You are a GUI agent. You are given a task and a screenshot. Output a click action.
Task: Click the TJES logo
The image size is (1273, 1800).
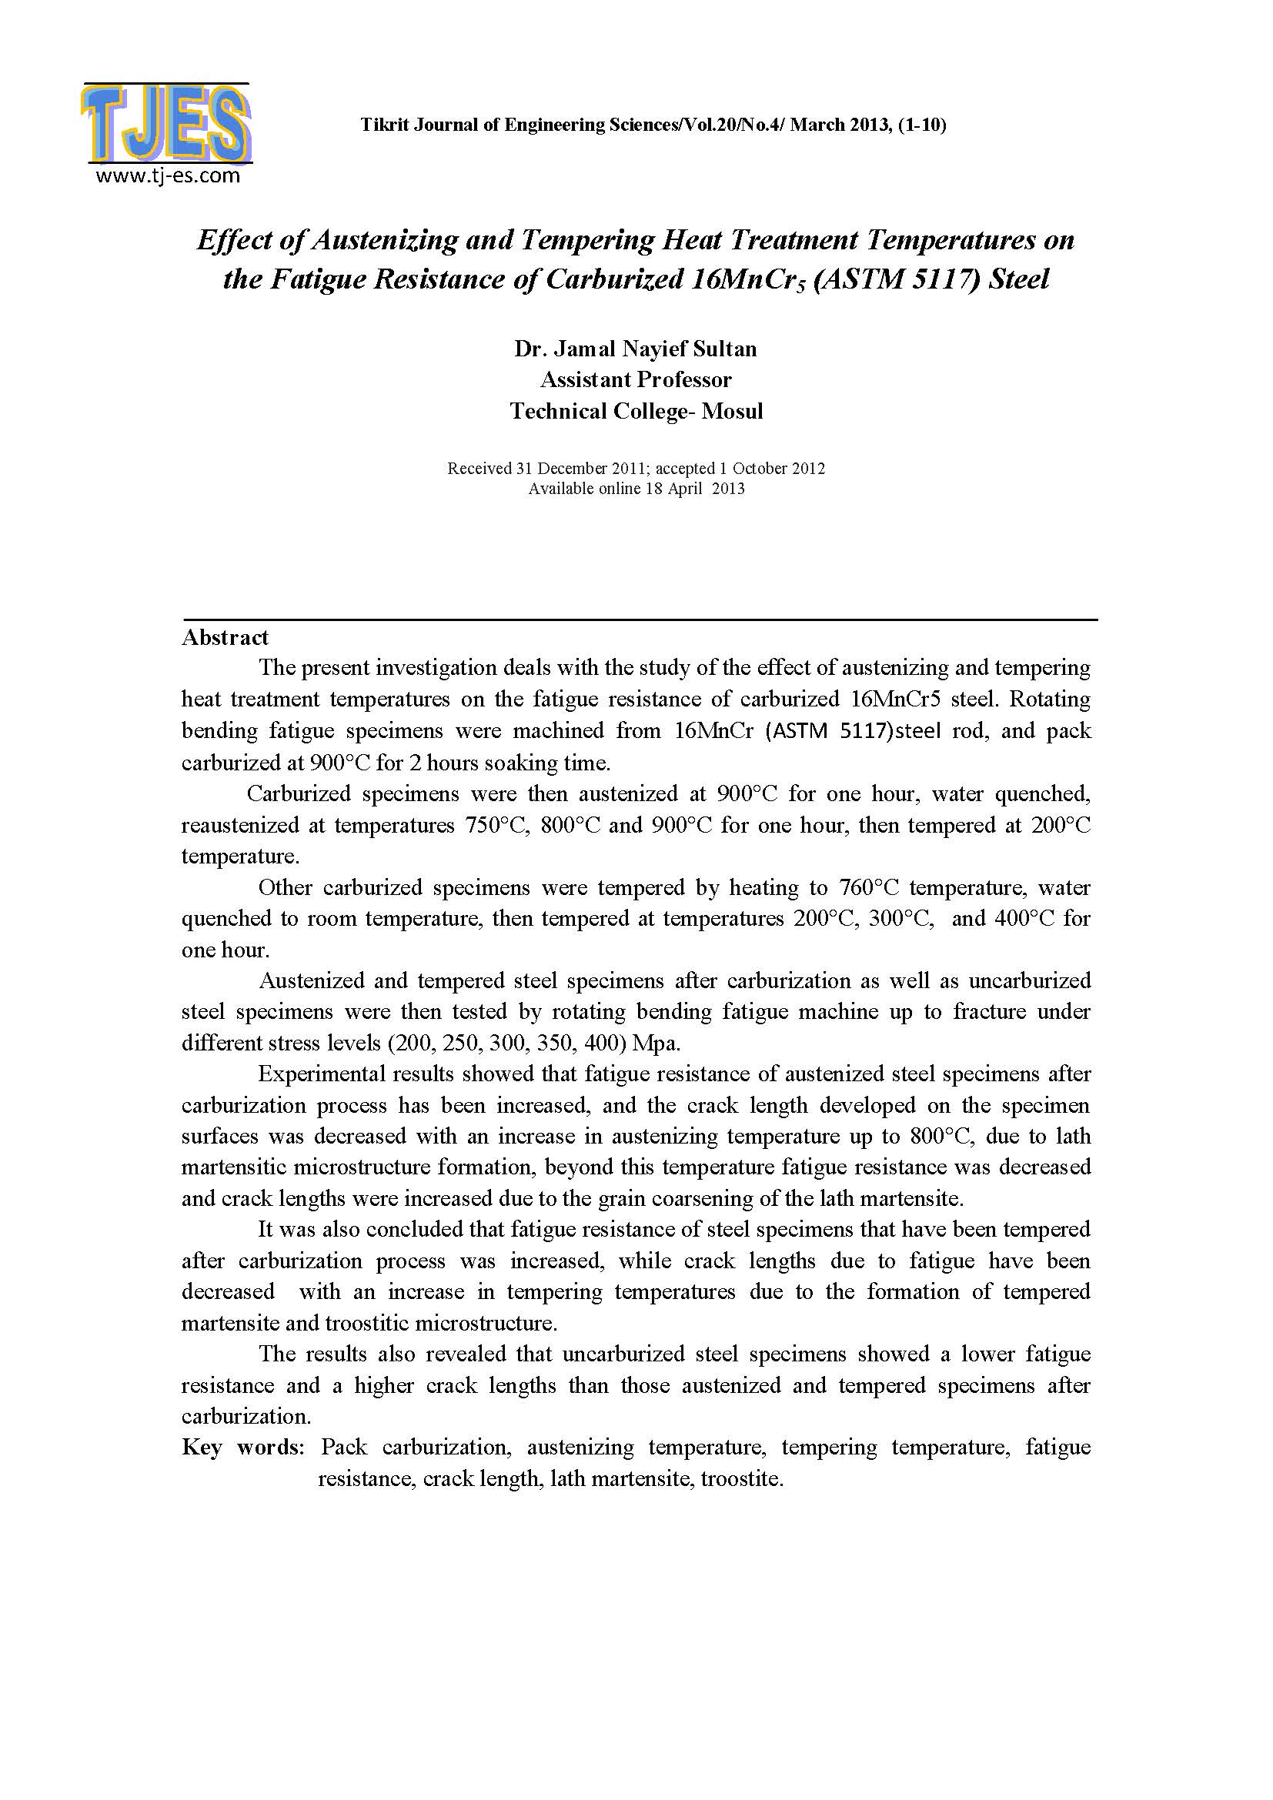[165, 125]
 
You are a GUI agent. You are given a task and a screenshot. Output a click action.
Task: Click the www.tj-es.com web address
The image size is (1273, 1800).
[168, 175]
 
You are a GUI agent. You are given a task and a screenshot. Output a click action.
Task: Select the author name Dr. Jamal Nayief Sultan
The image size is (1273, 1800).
[635, 349]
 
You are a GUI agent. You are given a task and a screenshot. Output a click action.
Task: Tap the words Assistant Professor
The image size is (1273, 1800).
[636, 380]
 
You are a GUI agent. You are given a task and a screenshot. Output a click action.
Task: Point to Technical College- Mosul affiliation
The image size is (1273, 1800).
[636, 412]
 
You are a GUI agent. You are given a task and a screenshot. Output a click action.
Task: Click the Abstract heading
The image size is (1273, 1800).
[225, 637]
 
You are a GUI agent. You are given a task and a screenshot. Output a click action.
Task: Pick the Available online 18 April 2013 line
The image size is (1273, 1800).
[636, 489]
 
